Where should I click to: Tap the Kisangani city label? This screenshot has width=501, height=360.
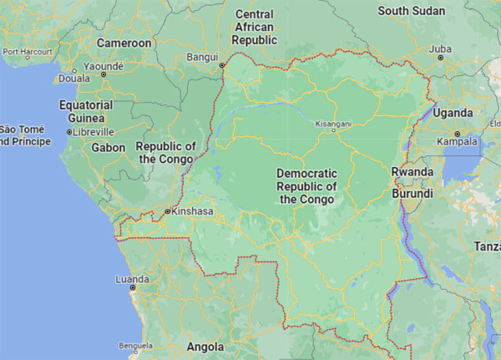point(332,124)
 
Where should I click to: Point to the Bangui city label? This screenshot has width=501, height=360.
point(202,57)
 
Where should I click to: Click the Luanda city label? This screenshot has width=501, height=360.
point(132,279)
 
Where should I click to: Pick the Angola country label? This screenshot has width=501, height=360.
point(205,346)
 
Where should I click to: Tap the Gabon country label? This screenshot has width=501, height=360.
point(109,147)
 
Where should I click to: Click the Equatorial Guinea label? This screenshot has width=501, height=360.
point(85,111)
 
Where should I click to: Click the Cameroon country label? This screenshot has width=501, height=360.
point(124,43)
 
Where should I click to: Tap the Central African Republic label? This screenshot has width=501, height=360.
point(255,27)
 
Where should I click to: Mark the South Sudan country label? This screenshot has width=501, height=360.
point(415,11)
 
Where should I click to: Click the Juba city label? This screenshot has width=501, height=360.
point(439,48)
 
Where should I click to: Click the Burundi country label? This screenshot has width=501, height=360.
point(413,193)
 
